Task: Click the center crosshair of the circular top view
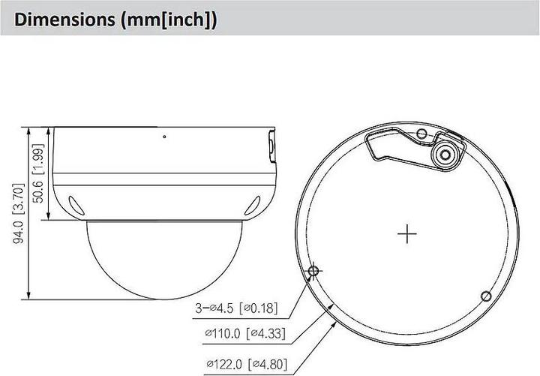pos(407,234)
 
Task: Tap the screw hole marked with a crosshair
pos(313,272)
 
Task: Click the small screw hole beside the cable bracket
pos(421,135)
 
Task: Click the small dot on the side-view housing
pos(164,137)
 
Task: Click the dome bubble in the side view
pos(163,259)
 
